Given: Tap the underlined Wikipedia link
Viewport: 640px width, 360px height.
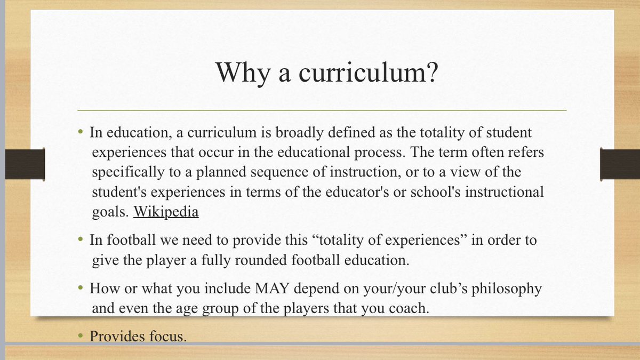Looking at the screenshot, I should click(x=166, y=211).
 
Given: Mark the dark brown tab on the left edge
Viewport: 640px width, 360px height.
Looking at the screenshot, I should click(x=25, y=164).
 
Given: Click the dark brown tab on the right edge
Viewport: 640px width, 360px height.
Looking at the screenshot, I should click(x=619, y=164).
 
